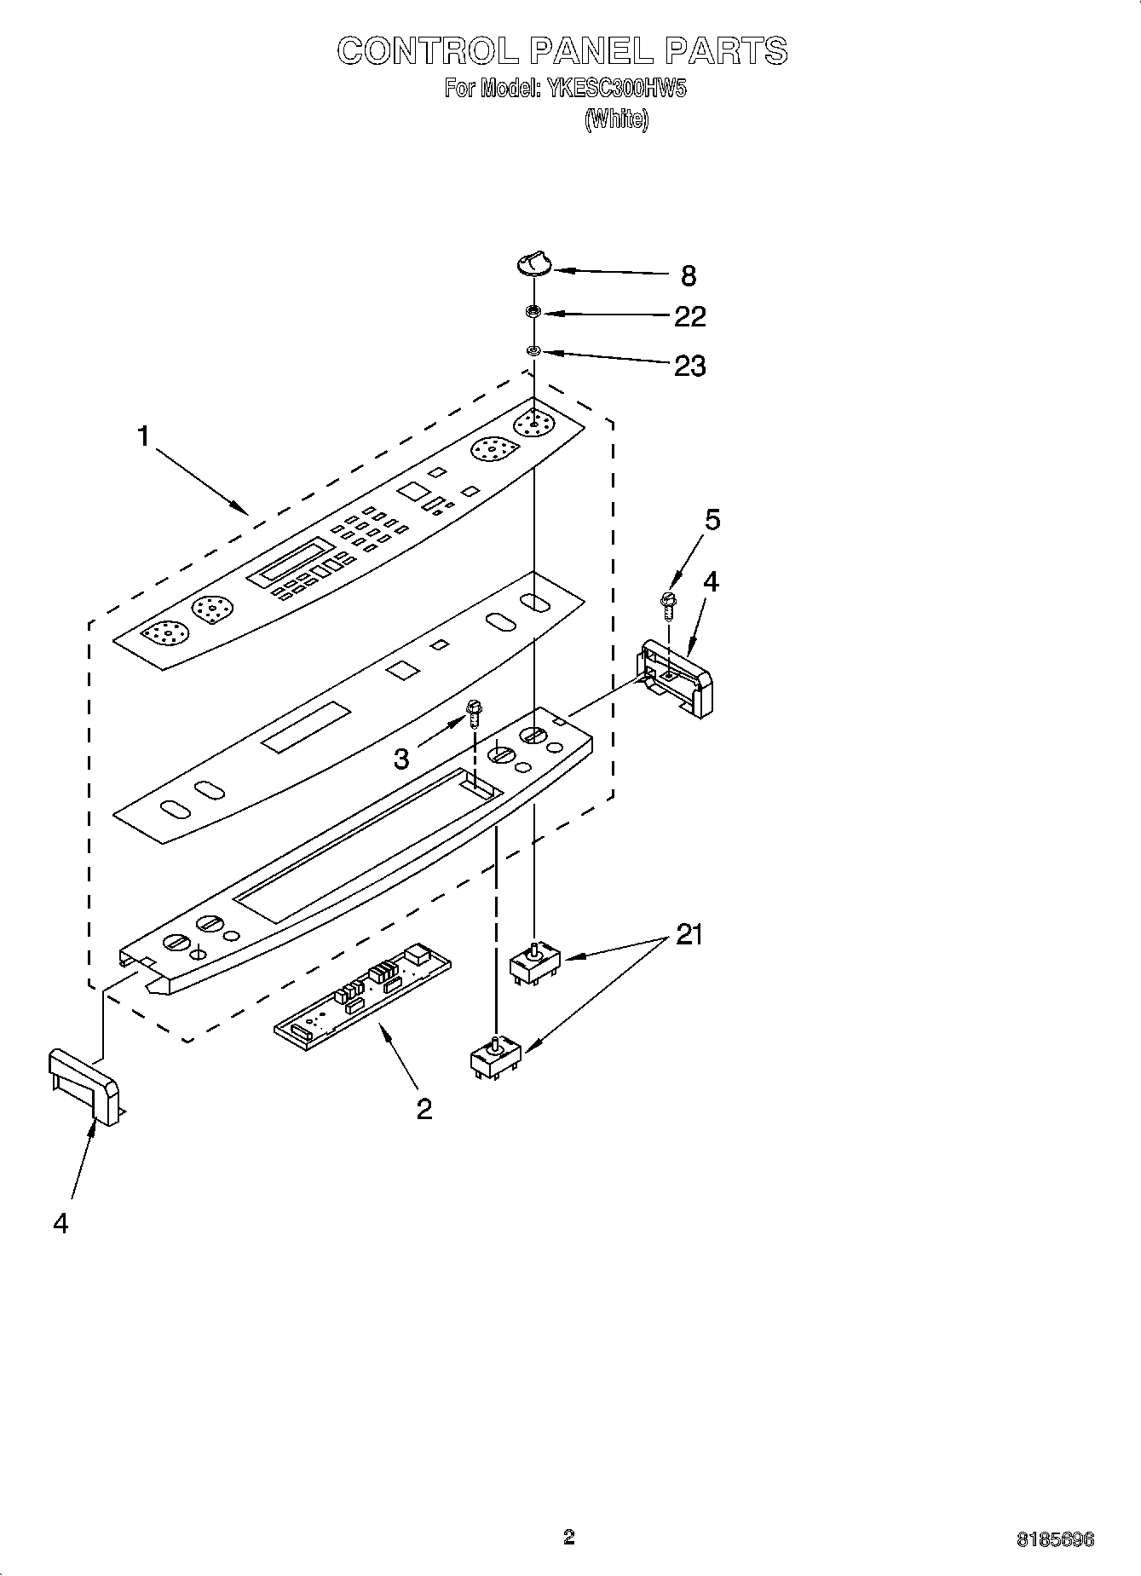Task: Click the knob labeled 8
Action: point(533,265)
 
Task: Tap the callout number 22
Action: point(689,316)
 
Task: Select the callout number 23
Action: point(689,366)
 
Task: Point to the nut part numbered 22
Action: point(533,313)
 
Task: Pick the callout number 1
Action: point(143,437)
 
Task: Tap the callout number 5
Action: point(712,519)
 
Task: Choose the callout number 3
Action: point(401,758)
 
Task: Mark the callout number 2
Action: point(424,1109)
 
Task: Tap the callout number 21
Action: point(689,935)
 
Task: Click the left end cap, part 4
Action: point(84,1084)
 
